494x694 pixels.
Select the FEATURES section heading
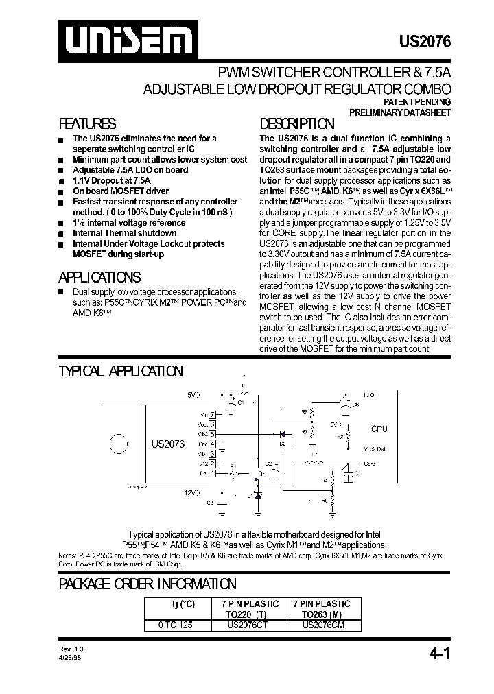pyautogui.click(x=87, y=124)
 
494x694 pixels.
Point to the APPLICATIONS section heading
pyautogui.click(x=100, y=277)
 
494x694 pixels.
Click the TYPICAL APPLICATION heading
pyautogui.click(x=121, y=371)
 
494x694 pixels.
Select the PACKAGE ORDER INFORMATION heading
pyautogui.click(x=148, y=584)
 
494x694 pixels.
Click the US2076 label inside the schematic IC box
pyautogui.click(x=168, y=444)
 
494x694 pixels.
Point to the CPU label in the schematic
pyautogui.click(x=379, y=429)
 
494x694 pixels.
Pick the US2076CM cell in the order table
pyautogui.click(x=321, y=625)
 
